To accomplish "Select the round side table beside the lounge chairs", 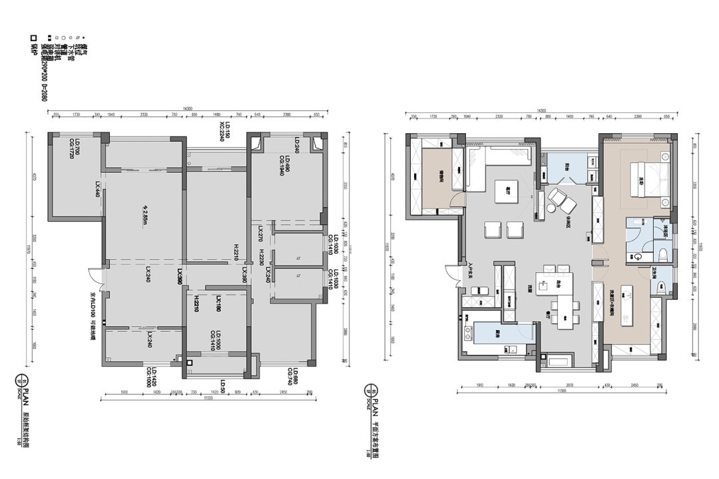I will click(551, 208).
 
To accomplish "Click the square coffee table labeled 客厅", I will click(507, 192).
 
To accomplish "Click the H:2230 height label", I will click(262, 256).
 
